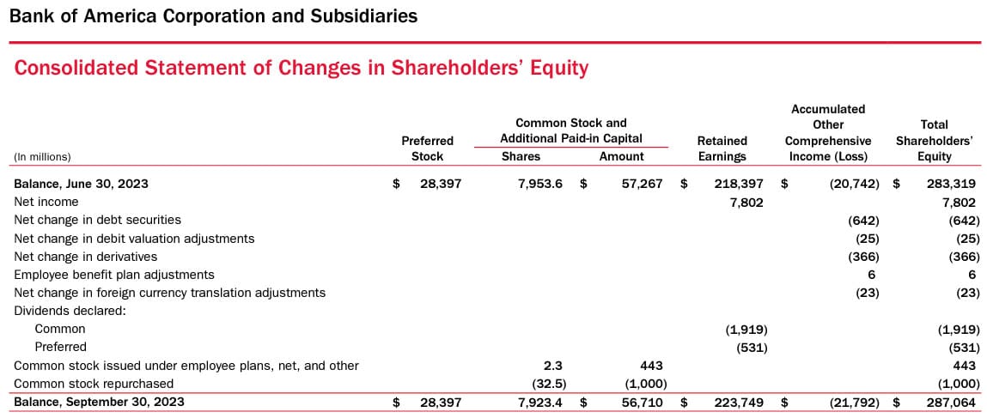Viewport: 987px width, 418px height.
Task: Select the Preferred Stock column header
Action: pyautogui.click(x=427, y=148)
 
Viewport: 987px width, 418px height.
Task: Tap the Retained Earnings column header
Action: pyautogui.click(x=722, y=148)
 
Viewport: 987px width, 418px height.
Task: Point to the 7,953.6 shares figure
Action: pyautogui.click(x=540, y=184)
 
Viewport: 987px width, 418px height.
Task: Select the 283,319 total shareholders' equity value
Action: pyautogui.click(x=952, y=184)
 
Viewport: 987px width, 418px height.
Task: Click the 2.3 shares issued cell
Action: pyautogui.click(x=553, y=366)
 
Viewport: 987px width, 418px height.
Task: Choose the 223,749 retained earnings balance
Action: pyautogui.click(x=740, y=402)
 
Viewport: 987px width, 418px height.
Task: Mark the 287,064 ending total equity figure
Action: pyautogui.click(x=952, y=402)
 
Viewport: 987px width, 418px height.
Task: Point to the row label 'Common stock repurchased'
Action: pyautogui.click(x=94, y=384)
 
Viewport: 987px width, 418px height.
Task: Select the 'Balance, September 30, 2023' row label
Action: pyautogui.click(x=99, y=402)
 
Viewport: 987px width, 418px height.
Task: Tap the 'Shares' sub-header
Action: pyautogui.click(x=521, y=156)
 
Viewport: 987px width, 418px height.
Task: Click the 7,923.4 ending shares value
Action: pyautogui.click(x=540, y=402)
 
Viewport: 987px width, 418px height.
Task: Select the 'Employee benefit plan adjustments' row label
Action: pyautogui.click(x=114, y=275)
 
